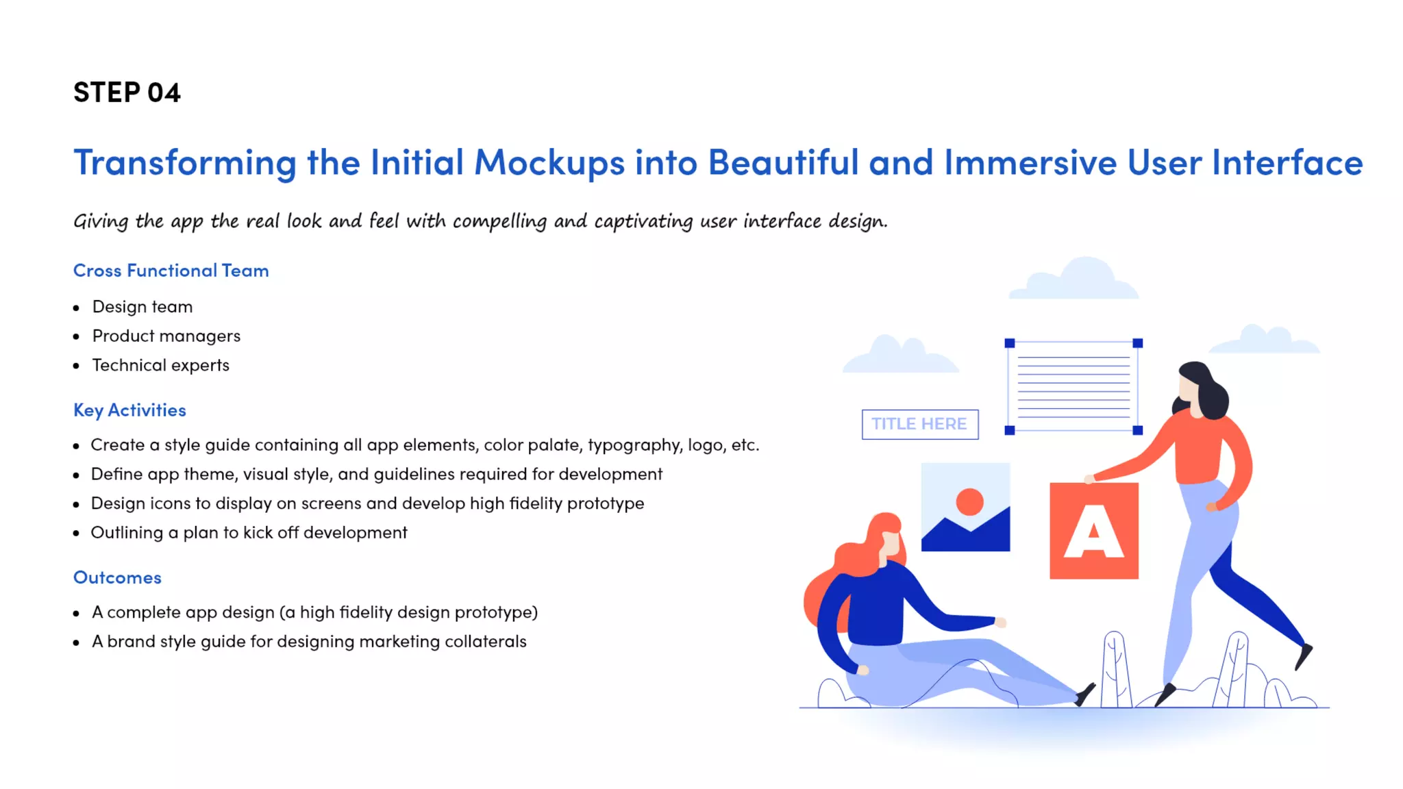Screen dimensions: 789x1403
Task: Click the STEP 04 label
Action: pyautogui.click(x=127, y=92)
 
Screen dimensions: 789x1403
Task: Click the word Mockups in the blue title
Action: pyautogui.click(x=549, y=163)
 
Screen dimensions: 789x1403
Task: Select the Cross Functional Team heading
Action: pyautogui.click(x=171, y=271)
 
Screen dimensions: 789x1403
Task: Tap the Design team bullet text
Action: pyautogui.click(x=142, y=307)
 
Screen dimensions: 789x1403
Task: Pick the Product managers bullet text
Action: pyautogui.click(x=166, y=336)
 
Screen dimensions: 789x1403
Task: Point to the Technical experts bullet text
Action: pyautogui.click(x=161, y=366)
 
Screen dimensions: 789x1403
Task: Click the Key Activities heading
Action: pyautogui.click(x=129, y=410)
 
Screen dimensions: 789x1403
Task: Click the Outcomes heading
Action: pyautogui.click(x=117, y=577)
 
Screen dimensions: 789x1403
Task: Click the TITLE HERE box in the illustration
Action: pyautogui.click(x=919, y=424)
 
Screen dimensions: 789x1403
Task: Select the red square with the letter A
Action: pyautogui.click(x=1094, y=531)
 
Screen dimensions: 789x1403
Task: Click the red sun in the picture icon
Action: pyautogui.click(x=969, y=501)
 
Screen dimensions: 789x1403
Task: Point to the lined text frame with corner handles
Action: pyautogui.click(x=1073, y=387)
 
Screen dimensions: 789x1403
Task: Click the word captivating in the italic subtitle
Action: pyautogui.click(x=643, y=221)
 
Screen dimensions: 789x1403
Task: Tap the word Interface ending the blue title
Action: pyautogui.click(x=1287, y=163)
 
